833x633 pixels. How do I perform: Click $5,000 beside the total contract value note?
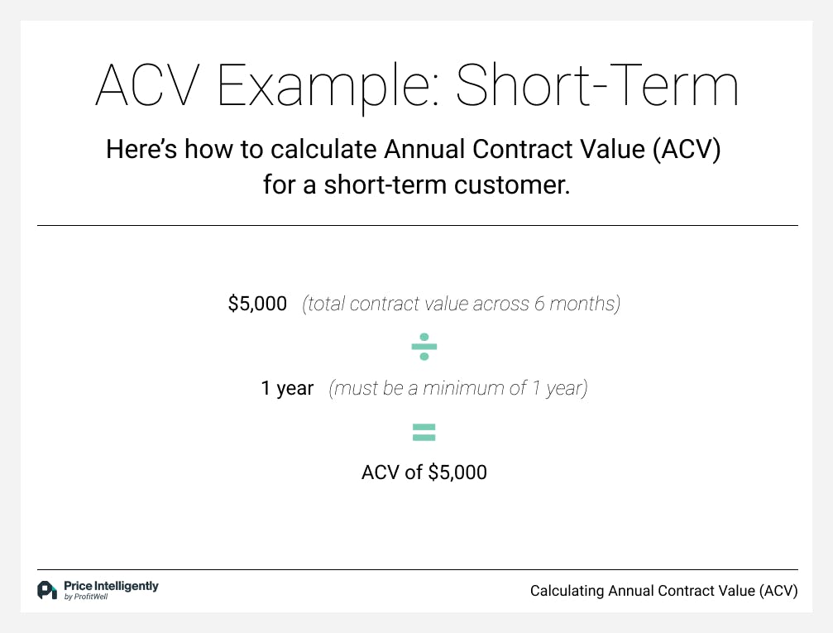[x=257, y=304]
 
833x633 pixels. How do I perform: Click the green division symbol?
[x=424, y=347]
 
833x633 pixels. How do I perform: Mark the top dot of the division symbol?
[x=424, y=337]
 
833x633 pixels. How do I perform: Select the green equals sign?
[x=424, y=432]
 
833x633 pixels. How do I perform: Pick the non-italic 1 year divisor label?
[x=287, y=388]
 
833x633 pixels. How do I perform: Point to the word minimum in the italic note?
[x=478, y=388]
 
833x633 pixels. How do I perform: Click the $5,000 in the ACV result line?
[x=457, y=472]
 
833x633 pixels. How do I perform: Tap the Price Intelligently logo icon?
[x=47, y=590]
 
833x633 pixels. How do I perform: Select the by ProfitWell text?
[x=85, y=597]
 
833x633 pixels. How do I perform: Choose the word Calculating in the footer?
[x=567, y=591]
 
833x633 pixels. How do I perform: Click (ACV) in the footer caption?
[x=778, y=591]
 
